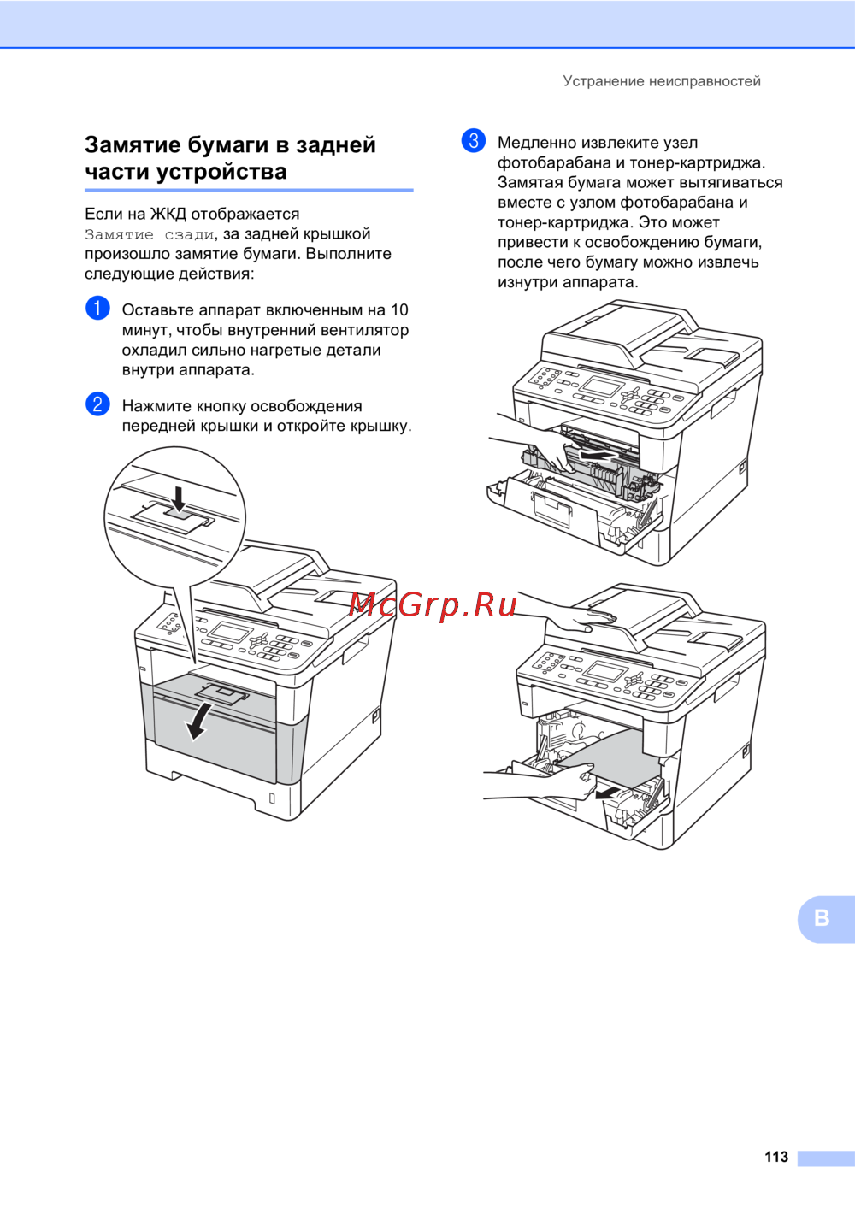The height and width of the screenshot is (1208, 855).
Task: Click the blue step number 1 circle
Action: (97, 309)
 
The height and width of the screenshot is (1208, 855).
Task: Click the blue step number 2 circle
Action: (97, 404)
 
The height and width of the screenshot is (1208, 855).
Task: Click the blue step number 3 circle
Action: (474, 141)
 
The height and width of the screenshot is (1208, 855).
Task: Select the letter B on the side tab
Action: (822, 917)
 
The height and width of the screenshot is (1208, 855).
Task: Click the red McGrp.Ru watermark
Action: (433, 605)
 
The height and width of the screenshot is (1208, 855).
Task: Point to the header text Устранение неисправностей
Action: (662, 81)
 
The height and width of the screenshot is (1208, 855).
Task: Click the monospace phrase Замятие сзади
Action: (150, 234)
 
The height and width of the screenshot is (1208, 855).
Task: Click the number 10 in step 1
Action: (400, 309)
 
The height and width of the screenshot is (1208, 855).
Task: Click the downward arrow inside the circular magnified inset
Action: (178, 498)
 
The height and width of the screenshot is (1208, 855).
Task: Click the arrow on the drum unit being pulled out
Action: (596, 457)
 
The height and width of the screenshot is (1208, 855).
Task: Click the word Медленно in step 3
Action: (537, 143)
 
